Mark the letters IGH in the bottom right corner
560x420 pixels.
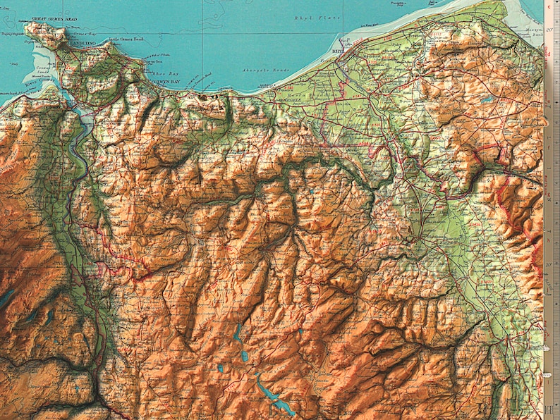(x=550, y=408)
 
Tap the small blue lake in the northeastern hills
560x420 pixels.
(x=486, y=100)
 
